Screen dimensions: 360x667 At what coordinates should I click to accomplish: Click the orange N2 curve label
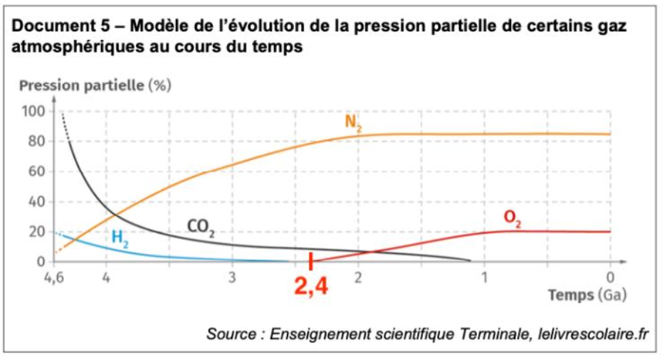352,122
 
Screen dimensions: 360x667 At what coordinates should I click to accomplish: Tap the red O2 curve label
513,219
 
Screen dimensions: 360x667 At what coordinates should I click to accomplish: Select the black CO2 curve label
201,228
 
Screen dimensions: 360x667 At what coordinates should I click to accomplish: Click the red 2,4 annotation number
311,287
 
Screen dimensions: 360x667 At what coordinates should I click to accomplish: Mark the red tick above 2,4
310,261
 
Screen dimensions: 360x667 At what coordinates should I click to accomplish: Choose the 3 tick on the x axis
232,276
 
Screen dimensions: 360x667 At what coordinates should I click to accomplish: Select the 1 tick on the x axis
484,276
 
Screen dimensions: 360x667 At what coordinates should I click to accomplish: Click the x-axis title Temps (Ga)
587,295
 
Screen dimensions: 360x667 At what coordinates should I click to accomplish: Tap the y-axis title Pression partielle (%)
95,87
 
